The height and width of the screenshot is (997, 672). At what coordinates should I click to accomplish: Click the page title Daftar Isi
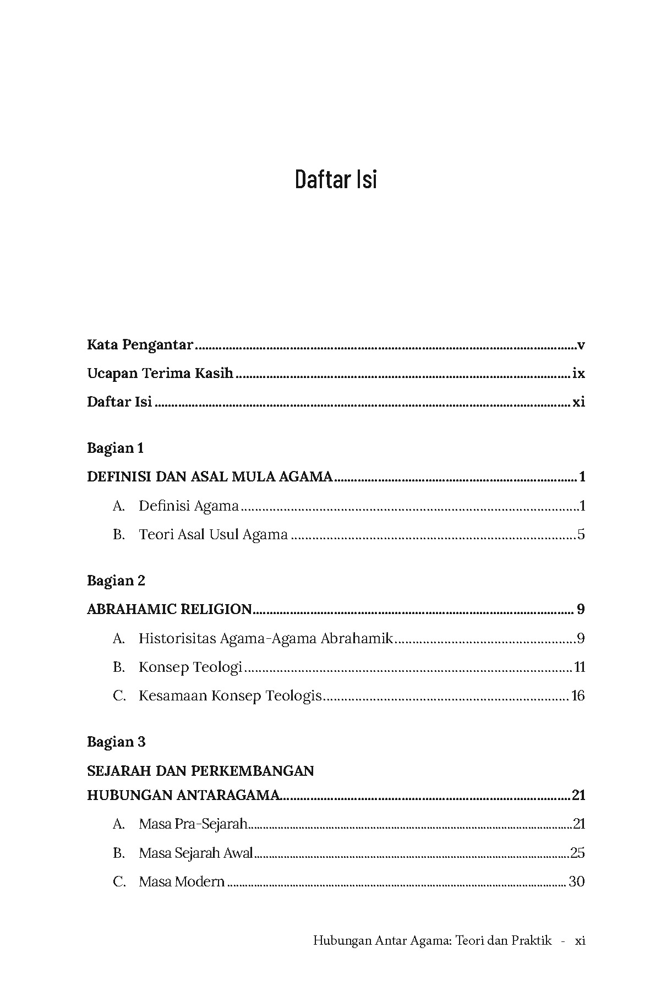(336, 179)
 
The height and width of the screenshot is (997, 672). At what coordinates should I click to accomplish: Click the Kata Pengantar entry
(140, 346)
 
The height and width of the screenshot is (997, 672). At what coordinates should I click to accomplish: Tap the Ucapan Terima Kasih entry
(160, 374)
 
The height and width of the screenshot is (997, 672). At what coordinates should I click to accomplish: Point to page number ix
(578, 374)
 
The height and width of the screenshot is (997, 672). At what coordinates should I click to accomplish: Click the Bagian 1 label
(115, 448)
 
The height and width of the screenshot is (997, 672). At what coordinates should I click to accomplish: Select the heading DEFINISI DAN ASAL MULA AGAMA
(210, 476)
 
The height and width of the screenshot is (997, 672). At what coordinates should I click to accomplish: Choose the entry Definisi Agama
(188, 506)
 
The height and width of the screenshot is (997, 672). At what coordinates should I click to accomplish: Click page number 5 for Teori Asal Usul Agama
(581, 534)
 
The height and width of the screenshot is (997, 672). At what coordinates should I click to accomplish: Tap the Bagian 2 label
(116, 581)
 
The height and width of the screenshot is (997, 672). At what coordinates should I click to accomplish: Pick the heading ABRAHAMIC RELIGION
(170, 610)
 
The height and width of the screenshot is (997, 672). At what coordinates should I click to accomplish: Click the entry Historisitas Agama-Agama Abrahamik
(265, 638)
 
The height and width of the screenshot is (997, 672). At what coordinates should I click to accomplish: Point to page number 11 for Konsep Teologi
(579, 667)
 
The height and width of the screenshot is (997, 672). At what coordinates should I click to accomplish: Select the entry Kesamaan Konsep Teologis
(230, 696)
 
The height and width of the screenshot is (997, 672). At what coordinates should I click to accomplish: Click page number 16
(578, 696)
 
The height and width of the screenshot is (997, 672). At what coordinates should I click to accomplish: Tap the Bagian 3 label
(116, 742)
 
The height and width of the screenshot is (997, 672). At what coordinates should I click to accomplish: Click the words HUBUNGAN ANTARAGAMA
(184, 795)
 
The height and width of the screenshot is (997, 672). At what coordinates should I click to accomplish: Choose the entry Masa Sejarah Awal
(195, 853)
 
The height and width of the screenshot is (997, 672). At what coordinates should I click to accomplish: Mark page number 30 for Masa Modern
(576, 881)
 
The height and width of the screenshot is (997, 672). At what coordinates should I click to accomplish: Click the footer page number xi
(580, 940)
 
